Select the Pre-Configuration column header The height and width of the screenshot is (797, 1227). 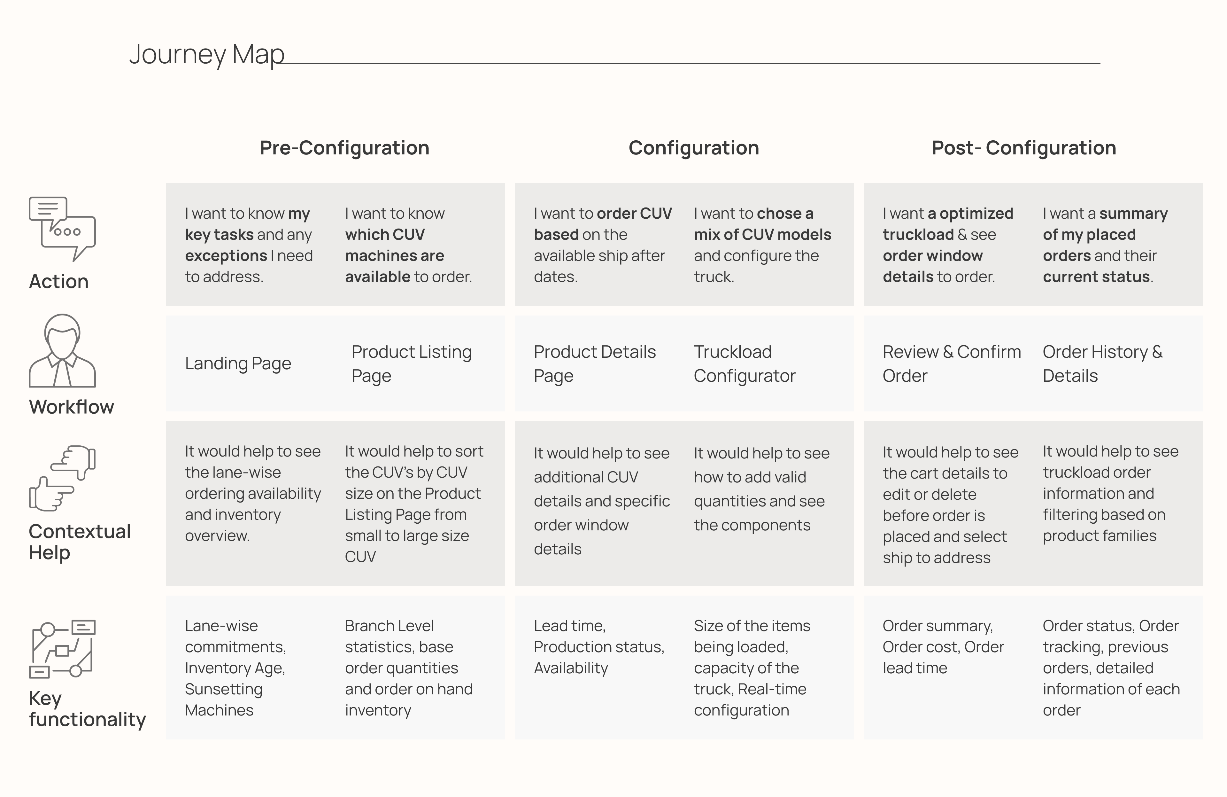tap(344, 148)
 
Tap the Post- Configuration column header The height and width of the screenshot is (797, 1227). tap(1024, 148)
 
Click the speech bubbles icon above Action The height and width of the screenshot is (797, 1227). tap(62, 229)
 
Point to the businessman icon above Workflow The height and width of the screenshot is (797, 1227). tap(62, 350)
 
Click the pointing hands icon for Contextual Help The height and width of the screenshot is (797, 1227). tap(62, 478)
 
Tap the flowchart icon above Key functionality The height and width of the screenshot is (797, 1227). tap(62, 648)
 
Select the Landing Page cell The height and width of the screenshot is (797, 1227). tap(238, 364)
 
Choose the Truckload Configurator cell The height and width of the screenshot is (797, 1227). tap(745, 364)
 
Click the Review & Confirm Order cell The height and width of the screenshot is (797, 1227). tap(952, 364)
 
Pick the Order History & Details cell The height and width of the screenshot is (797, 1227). tap(1103, 364)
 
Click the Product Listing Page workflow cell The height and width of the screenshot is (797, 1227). tap(412, 364)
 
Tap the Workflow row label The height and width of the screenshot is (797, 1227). tap(71, 407)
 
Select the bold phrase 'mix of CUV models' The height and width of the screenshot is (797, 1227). tap(762, 235)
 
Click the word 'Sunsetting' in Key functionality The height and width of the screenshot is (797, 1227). tap(224, 689)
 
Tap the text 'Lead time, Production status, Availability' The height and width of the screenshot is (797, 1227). tap(599, 647)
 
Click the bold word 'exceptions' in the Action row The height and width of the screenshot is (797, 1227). tap(226, 256)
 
